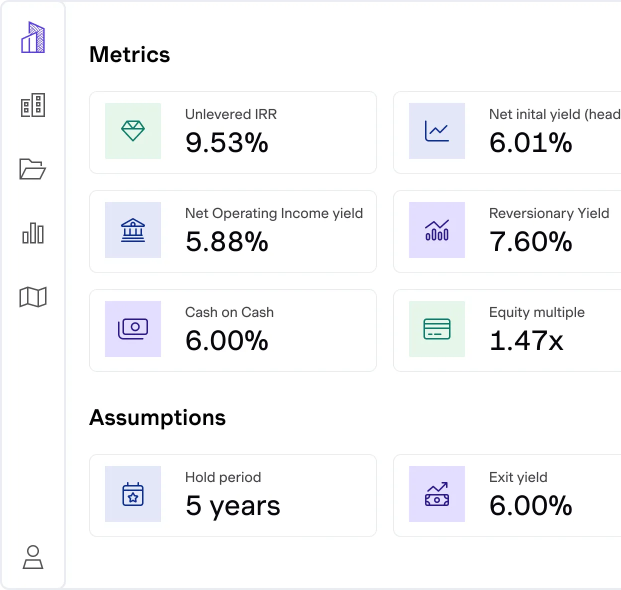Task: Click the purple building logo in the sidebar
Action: tap(33, 37)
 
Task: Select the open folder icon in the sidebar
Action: tap(32, 169)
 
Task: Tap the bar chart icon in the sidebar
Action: tap(33, 233)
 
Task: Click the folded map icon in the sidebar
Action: tap(33, 297)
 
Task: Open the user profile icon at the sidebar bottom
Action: tap(33, 557)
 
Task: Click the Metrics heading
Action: tap(129, 54)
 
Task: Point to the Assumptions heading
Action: tap(157, 417)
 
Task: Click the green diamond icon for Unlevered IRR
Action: tap(133, 131)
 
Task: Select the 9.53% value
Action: tap(226, 143)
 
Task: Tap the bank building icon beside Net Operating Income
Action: tap(133, 230)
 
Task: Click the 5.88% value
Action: tap(226, 242)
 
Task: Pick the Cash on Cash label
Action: tap(229, 312)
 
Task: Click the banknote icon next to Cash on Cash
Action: tap(133, 329)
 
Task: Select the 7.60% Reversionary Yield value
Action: tap(530, 242)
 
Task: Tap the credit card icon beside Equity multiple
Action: tap(437, 329)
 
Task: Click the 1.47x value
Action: tap(526, 341)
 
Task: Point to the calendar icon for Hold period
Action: tap(133, 494)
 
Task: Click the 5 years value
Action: tap(232, 506)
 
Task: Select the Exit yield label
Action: tap(518, 477)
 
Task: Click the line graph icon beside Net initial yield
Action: tap(437, 131)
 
